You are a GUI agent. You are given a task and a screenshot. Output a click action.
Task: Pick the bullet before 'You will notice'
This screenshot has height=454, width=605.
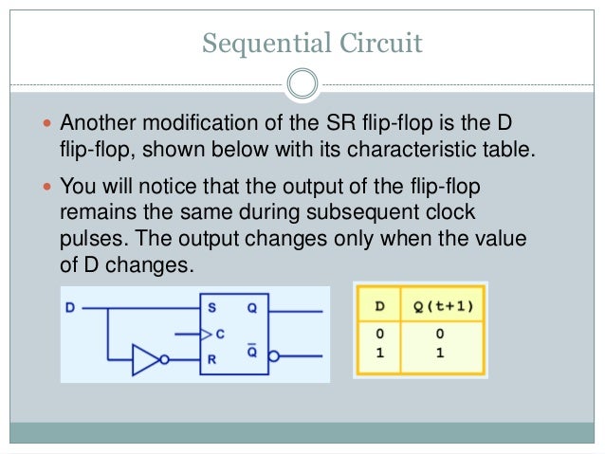tap(50, 186)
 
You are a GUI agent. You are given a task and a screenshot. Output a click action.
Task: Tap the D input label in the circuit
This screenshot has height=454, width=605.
tap(70, 306)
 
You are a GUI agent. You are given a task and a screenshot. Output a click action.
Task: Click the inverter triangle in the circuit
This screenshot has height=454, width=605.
tap(145, 359)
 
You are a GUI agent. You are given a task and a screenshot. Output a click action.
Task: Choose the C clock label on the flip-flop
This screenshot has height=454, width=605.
tap(221, 333)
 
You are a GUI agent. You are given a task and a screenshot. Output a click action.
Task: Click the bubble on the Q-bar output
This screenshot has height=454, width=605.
tap(274, 358)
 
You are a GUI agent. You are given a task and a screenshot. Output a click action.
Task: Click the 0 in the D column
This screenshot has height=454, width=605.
tap(379, 335)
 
